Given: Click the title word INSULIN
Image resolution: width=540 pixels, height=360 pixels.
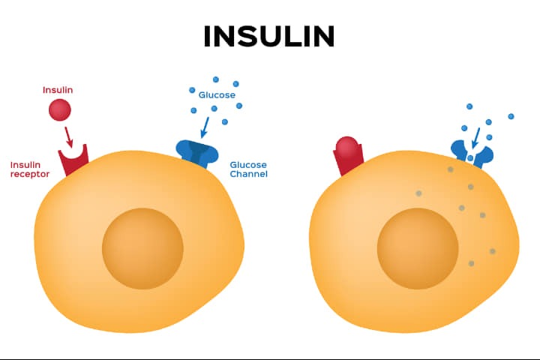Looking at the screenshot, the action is click(x=269, y=36).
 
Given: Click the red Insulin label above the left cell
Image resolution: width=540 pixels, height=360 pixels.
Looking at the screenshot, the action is click(x=58, y=90).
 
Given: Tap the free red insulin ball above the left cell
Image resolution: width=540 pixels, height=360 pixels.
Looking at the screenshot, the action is click(x=60, y=110).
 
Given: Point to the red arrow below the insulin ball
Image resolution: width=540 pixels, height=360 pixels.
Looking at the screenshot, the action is click(x=68, y=137).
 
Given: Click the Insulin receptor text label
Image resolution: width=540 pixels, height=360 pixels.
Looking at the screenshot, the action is click(x=30, y=169).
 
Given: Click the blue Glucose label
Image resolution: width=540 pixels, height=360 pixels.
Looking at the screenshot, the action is click(x=217, y=95).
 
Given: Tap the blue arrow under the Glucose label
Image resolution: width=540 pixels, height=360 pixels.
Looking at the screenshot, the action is click(x=205, y=127).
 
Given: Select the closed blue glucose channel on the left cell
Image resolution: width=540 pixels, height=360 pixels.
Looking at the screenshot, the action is click(x=197, y=153).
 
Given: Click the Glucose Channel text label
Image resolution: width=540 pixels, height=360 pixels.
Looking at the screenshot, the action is click(x=249, y=169).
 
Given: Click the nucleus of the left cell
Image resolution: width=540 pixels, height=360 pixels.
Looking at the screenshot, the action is click(x=142, y=248).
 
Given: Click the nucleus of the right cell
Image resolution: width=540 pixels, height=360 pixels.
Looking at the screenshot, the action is click(x=418, y=248).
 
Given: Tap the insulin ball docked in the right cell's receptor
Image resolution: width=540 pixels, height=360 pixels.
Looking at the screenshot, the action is click(x=347, y=146).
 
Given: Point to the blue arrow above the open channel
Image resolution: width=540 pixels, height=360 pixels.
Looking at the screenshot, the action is click(x=476, y=138).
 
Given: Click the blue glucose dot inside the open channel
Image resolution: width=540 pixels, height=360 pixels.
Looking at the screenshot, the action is click(x=470, y=158).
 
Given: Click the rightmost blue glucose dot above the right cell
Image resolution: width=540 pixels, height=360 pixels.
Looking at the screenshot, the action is click(x=511, y=116).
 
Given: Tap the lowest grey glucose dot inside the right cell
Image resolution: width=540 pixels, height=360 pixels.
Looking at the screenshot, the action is click(x=472, y=263).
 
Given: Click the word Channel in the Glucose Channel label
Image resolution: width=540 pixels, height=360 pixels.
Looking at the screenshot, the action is click(x=249, y=174).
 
